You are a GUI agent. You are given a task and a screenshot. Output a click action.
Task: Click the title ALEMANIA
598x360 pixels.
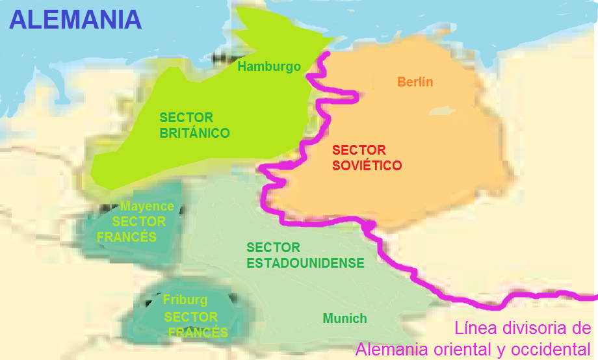tap(75, 19)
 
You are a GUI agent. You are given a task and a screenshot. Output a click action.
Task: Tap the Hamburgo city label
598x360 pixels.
tap(269, 66)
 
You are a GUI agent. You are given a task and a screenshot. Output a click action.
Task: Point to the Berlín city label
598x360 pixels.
tap(415, 82)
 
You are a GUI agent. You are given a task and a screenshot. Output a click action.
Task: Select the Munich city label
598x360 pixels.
tap(345, 318)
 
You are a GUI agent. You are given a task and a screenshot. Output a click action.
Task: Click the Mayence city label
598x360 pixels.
tap(147, 207)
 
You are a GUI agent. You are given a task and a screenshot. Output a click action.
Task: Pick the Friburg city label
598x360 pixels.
tap(185, 300)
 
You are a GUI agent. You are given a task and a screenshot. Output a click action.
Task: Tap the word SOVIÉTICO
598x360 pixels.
tap(367, 166)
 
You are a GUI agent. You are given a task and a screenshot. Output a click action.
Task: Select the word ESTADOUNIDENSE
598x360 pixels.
tap(305, 263)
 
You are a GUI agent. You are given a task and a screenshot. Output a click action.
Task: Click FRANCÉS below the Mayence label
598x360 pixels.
tap(127, 237)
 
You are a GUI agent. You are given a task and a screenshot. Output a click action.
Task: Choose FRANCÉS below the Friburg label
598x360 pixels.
tap(198, 333)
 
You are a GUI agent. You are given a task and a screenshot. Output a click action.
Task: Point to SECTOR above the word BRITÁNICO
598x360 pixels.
tap(187, 118)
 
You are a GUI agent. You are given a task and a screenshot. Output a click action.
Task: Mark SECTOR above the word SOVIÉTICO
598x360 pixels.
tap(359, 150)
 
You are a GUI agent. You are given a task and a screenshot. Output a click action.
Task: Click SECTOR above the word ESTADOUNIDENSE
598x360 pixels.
tap(274, 248)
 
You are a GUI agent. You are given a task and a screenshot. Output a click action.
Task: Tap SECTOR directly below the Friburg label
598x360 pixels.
tap(191, 317)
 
